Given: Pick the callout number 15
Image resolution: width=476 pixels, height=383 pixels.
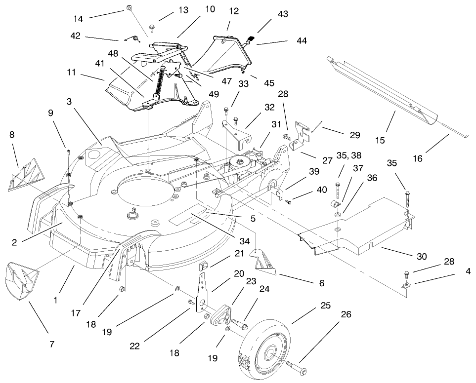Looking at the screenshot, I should point(380,141).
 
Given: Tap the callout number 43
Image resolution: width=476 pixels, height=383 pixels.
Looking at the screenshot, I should point(283,15).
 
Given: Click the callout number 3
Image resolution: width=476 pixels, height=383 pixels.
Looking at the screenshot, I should point(70,101).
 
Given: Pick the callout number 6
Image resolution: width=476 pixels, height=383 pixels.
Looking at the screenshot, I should point(322,283).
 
